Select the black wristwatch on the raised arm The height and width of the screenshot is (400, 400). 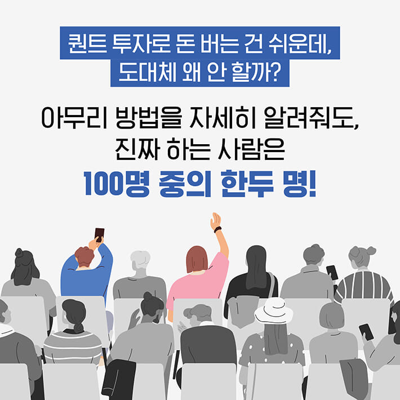[x=217, y=229]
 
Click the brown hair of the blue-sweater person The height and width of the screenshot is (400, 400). [x=85, y=256]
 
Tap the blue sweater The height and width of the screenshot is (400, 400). [x=85, y=279]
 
